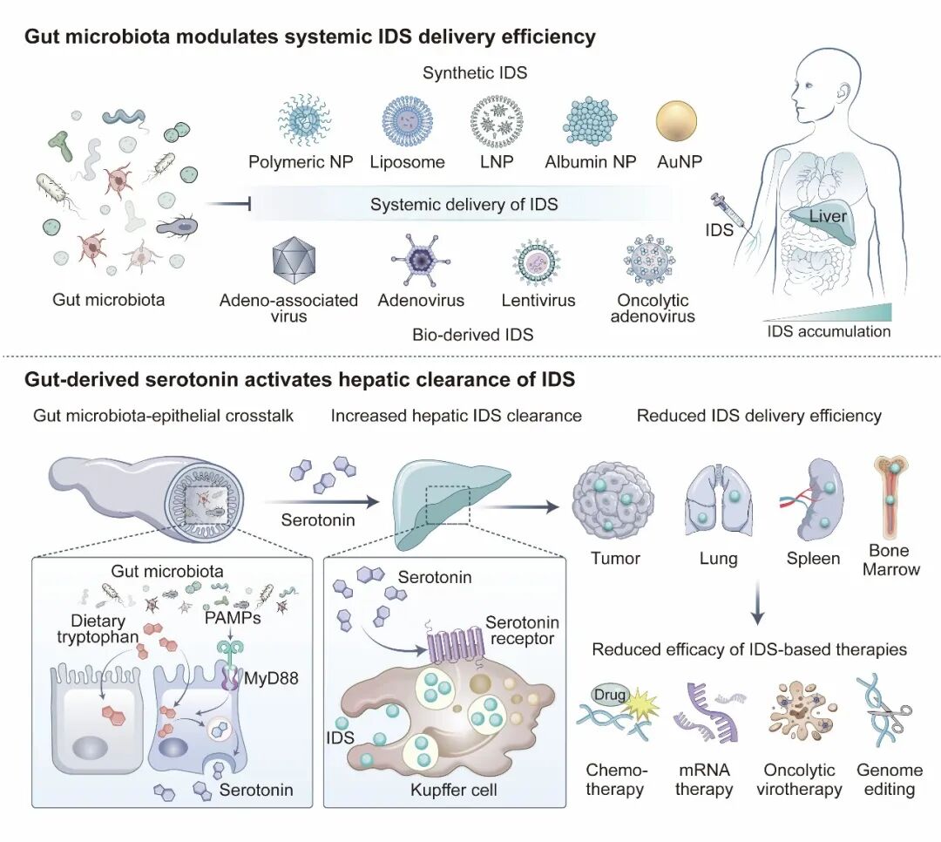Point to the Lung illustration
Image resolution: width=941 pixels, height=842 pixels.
pyautogui.click(x=713, y=504)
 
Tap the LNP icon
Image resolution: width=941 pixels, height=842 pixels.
pyautogui.click(x=496, y=123)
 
